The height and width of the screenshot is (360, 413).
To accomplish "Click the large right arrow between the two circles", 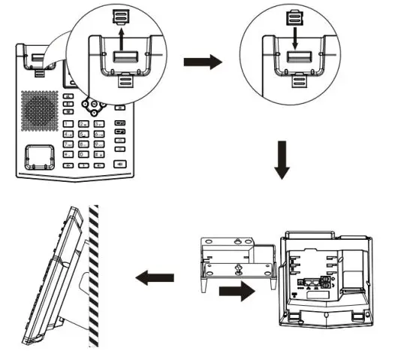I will (x=203, y=62).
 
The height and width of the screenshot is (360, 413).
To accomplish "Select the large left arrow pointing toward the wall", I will (x=152, y=277).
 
